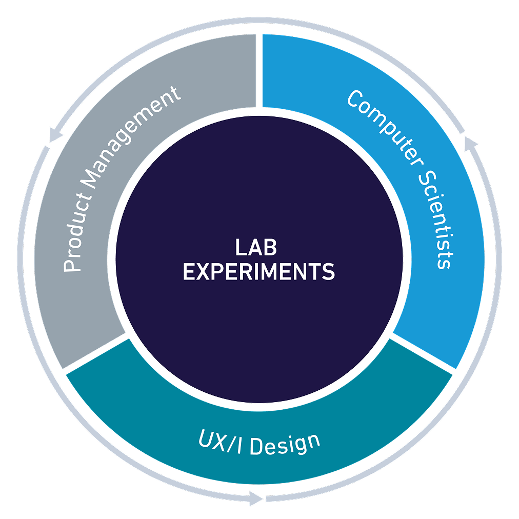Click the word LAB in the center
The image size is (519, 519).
256,247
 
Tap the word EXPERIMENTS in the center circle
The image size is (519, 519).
259,272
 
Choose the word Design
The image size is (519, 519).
285,444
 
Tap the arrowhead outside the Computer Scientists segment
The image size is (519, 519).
470,143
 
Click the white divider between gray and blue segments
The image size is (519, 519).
259,71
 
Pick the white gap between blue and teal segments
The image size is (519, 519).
423,353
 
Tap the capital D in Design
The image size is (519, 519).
256,446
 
